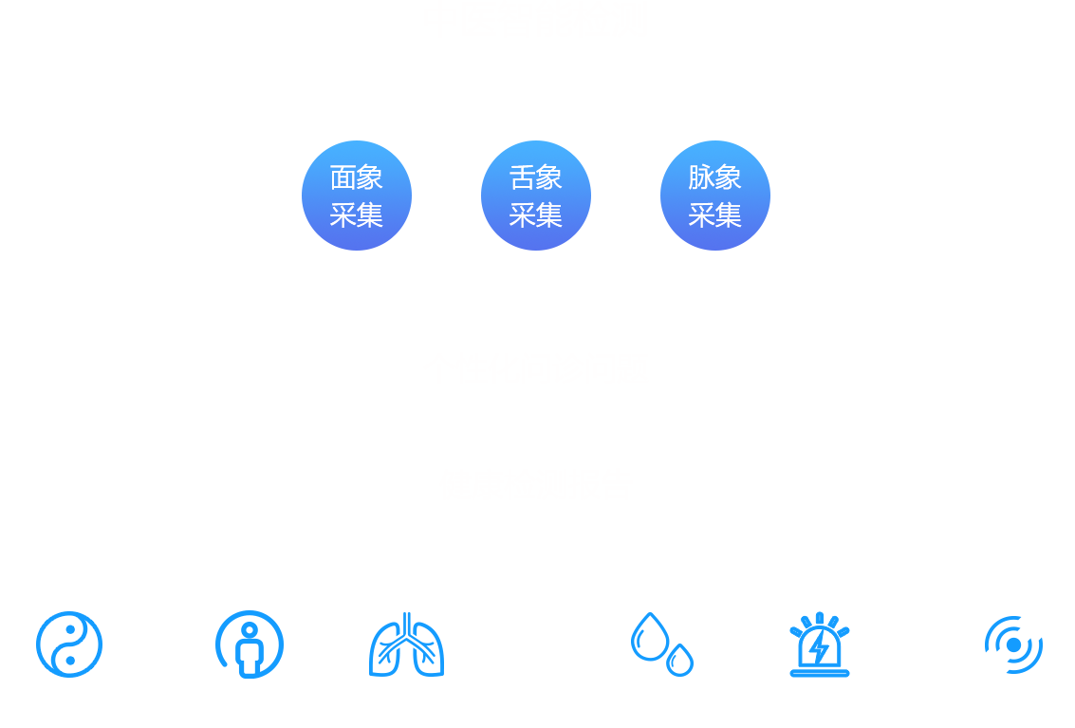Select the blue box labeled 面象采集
pos(356,195)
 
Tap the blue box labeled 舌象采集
pos(535,195)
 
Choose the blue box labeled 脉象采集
pos(714,195)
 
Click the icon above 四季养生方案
pos(68,644)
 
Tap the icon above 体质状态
pos(250,644)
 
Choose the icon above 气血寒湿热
pos(661,644)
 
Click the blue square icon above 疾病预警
pos(820,644)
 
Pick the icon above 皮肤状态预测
pos(1010,644)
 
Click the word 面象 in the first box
pos(356,177)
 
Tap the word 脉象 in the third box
pos(714,177)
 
